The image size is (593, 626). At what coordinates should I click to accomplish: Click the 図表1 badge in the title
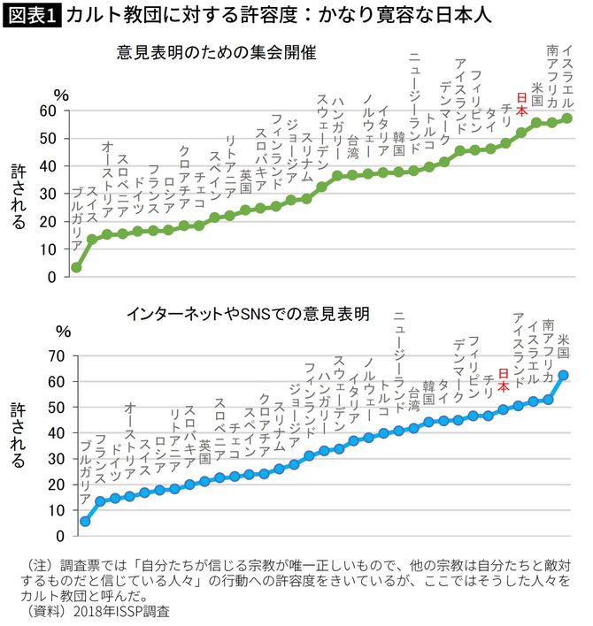(32, 15)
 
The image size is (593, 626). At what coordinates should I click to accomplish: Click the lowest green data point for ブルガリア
(76, 267)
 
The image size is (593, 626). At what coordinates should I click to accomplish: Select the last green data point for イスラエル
(567, 118)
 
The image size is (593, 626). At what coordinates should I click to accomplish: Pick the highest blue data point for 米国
(564, 375)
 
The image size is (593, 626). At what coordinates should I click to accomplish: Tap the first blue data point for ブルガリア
(85, 521)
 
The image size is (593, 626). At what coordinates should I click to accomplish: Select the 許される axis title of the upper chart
(19, 196)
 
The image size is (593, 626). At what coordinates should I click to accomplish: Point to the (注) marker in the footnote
(43, 565)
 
